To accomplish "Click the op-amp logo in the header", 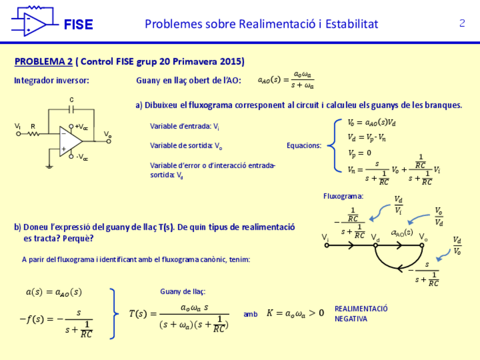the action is pos(32,22).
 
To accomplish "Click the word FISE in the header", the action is pos(78,25).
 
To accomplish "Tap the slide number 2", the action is pos(462,23).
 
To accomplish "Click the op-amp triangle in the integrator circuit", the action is pos(70,141).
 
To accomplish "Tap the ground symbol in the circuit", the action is pos(50,167).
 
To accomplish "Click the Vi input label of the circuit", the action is pos(18,126).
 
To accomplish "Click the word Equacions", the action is pos(303,145).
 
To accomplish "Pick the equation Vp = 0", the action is pos(359,153).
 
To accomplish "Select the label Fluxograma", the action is pos(343,196).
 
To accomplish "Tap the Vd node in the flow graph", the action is pos(376,245).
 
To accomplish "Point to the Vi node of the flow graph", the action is pos(327,245).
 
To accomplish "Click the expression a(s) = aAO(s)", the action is pos(54,292).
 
